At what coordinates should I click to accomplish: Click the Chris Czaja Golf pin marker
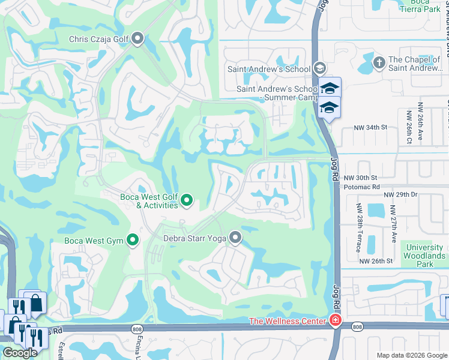[137, 40]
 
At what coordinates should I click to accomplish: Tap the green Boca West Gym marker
[133, 241]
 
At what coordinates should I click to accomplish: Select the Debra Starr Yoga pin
[235, 238]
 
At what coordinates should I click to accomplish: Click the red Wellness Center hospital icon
[335, 322]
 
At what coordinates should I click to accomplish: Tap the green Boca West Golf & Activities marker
[187, 201]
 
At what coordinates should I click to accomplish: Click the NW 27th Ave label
[393, 224]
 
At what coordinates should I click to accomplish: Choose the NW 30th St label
[361, 178]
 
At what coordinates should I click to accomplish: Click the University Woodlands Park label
[424, 256]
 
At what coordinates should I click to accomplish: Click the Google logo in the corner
[20, 353]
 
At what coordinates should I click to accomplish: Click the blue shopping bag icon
[35, 304]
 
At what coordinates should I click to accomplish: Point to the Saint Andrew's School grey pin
[319, 68]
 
